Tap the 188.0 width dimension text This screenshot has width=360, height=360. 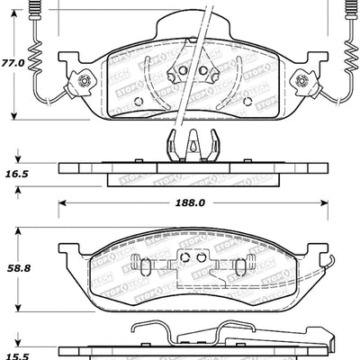pyautogui.click(x=191, y=203)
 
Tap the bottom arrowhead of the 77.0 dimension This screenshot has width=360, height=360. pyautogui.click(x=15, y=117)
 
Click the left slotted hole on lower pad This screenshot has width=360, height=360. pyautogui.click(x=139, y=266)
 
